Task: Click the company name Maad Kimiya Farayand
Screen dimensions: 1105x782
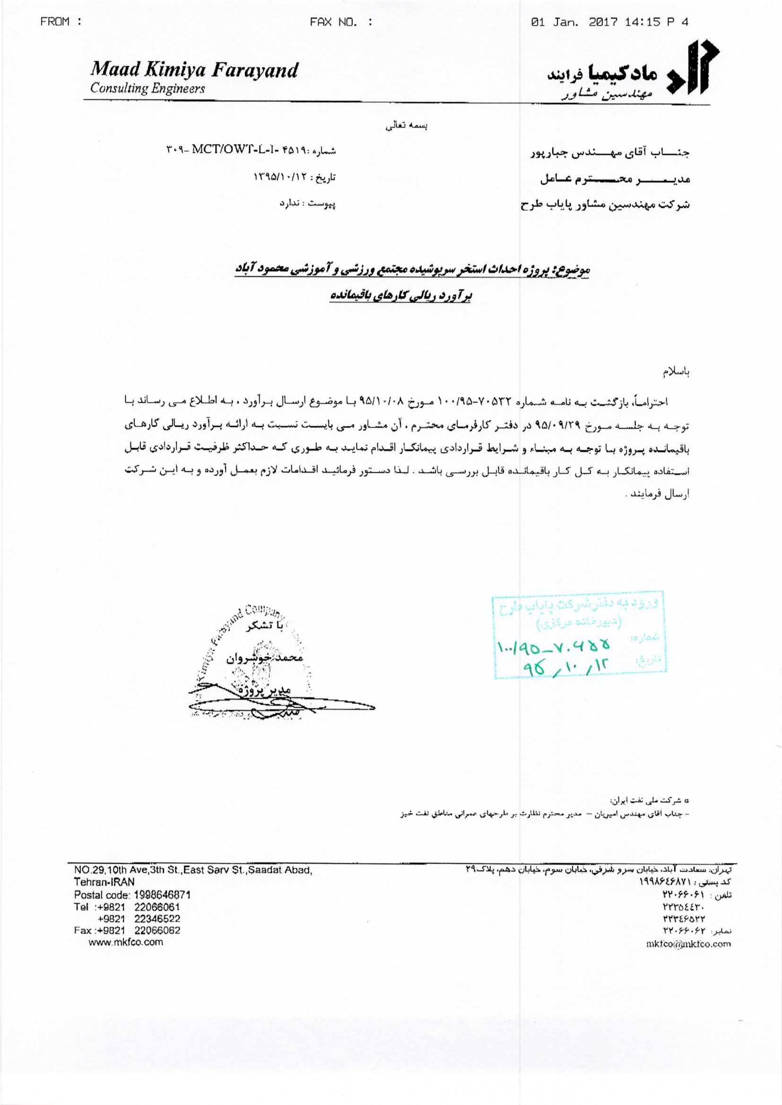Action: click(x=193, y=70)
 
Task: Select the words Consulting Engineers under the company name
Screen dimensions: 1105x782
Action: click(x=148, y=89)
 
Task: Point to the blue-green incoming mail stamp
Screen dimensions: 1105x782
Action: click(x=578, y=634)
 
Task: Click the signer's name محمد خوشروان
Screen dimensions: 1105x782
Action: click(x=264, y=658)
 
